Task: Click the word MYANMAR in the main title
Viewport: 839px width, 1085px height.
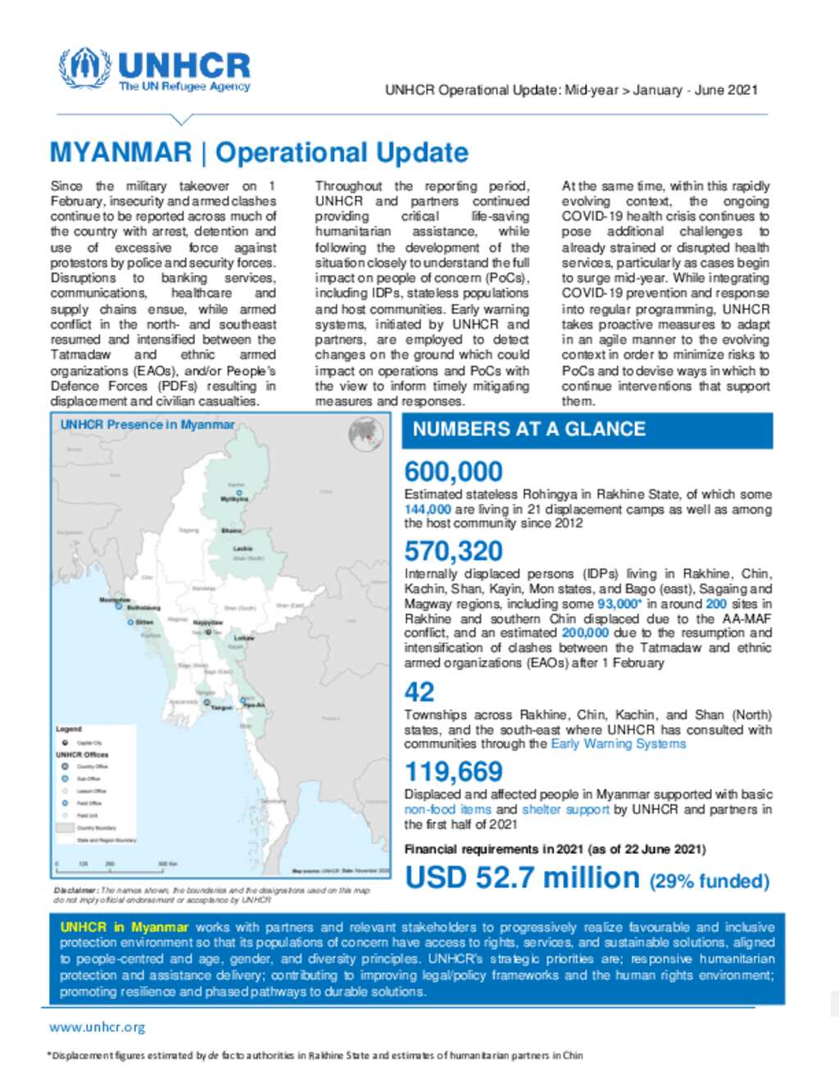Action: coord(120,152)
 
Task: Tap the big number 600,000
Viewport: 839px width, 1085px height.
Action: coord(453,472)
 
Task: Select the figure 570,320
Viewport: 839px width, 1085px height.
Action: coord(453,551)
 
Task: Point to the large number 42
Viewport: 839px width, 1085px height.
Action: coord(419,693)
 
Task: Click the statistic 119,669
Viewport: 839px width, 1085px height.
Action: coord(453,771)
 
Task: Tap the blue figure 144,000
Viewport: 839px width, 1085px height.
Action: coord(427,509)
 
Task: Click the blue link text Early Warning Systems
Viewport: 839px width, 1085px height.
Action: coord(618,744)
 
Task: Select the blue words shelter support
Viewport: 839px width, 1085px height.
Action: coord(565,809)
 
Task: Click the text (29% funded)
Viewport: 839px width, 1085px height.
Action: coord(710,881)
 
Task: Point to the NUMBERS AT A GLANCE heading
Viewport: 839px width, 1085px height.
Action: coord(528,429)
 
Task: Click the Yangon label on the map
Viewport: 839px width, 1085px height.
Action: coord(222,707)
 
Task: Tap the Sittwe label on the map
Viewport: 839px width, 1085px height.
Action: coord(144,622)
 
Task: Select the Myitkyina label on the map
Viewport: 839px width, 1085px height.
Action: coord(234,499)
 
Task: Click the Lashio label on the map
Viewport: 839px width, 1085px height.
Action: coord(243,548)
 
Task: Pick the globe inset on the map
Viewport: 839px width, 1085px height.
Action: coord(366,434)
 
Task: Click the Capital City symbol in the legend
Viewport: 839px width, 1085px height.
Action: coord(66,742)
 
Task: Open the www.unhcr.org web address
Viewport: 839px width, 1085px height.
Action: coord(97,1027)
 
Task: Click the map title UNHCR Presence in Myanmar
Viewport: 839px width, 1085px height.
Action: coord(147,424)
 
